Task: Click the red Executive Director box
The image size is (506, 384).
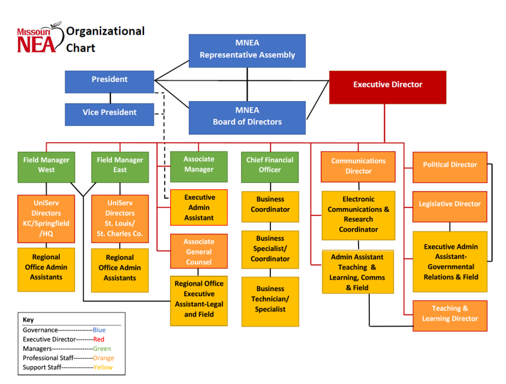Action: pyautogui.click(x=388, y=87)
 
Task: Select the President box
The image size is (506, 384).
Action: pyautogui.click(x=109, y=82)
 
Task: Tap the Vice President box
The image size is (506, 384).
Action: pyautogui.click(x=109, y=114)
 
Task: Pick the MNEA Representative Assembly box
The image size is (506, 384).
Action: pyautogui.click(x=247, y=51)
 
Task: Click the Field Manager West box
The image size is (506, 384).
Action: pyautogui.click(x=46, y=167)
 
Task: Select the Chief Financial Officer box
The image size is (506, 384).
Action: pyautogui.click(x=270, y=167)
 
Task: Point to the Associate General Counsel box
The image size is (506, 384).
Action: pyautogui.click(x=199, y=252)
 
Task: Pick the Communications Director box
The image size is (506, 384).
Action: pyautogui.click(x=358, y=166)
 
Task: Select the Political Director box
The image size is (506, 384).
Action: pyautogui.click(x=450, y=167)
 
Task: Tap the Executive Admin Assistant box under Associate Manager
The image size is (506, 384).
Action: pyautogui.click(x=199, y=208)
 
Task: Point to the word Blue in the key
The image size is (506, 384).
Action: pyautogui.click(x=99, y=330)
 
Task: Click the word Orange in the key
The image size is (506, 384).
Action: pyautogui.click(x=103, y=358)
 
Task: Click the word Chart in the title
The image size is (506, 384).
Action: pyautogui.click(x=81, y=48)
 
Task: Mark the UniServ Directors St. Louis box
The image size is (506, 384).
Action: pyautogui.click(x=120, y=218)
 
